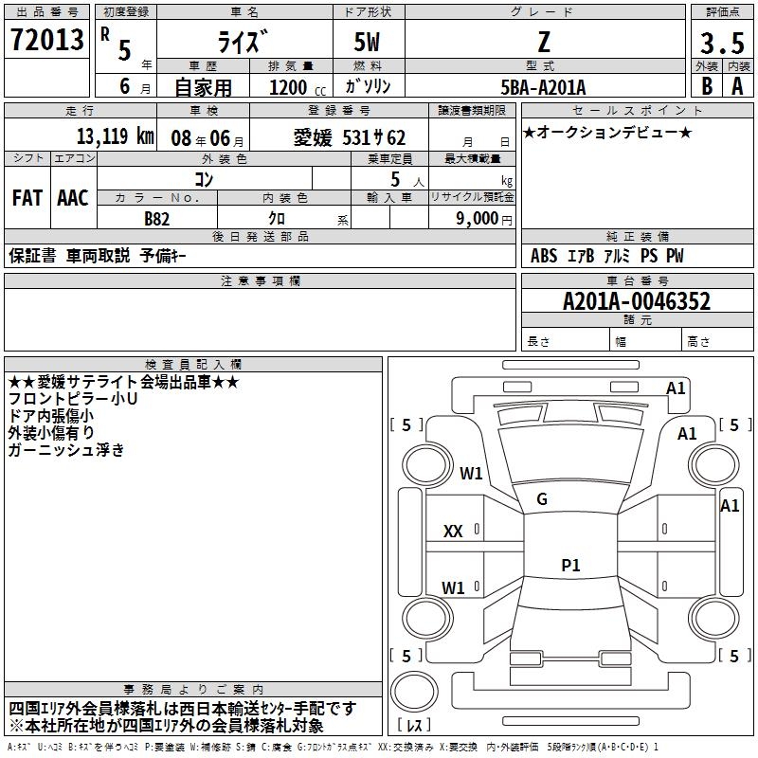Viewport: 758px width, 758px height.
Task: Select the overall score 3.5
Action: pyautogui.click(x=721, y=43)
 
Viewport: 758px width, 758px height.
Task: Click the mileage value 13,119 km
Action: pyautogui.click(x=114, y=135)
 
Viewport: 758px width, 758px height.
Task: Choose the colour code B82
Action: pyautogui.click(x=156, y=218)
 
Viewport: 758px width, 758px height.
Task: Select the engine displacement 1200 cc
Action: pyautogui.click(x=291, y=87)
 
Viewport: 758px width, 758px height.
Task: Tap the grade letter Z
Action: pyautogui.click(x=544, y=43)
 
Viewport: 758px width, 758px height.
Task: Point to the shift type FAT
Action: pyautogui.click(x=27, y=198)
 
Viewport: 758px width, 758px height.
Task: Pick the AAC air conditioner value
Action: pyautogui.click(x=73, y=198)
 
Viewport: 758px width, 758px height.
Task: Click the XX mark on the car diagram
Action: pyautogui.click(x=453, y=532)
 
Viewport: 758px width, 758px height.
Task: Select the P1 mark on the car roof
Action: pyautogui.click(x=570, y=565)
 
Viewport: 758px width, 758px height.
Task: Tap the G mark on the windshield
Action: pyautogui.click(x=541, y=498)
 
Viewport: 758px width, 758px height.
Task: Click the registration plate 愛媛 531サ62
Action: pyautogui.click(x=349, y=136)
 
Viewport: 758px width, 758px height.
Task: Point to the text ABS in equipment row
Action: pyautogui.click(x=544, y=256)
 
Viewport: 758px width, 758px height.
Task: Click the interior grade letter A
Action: pyautogui.click(x=737, y=86)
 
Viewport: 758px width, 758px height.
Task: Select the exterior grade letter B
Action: pyautogui.click(x=706, y=86)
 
